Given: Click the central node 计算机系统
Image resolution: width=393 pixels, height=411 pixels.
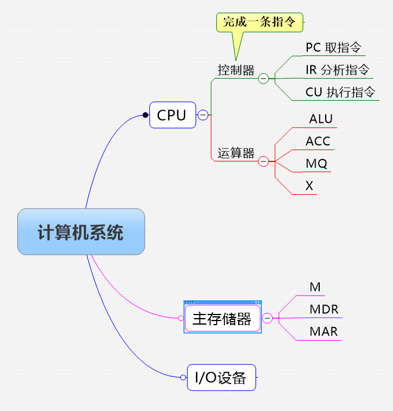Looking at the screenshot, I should (x=81, y=232).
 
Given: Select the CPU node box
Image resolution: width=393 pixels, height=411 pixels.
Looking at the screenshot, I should (x=172, y=115).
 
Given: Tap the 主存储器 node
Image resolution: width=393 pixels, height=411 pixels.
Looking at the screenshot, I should (x=222, y=319).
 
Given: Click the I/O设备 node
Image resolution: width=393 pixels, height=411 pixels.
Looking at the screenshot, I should (x=221, y=377).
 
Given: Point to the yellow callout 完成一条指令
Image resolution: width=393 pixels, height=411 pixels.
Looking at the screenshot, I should (x=259, y=23).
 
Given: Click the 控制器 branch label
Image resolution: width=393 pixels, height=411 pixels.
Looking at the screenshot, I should (x=236, y=71).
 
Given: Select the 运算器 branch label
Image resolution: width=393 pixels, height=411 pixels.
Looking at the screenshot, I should (x=236, y=153).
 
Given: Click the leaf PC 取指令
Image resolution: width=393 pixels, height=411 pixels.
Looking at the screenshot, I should (x=333, y=48).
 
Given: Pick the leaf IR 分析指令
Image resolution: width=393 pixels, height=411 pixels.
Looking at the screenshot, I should (x=337, y=70).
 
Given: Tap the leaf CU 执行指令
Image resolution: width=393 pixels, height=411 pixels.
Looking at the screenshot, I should (x=340, y=92).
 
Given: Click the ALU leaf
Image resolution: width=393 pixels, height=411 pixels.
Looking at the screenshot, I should (x=321, y=119).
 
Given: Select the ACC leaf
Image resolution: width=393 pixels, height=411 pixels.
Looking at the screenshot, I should (x=318, y=141).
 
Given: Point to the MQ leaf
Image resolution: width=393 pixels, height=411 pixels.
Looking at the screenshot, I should (x=316, y=163).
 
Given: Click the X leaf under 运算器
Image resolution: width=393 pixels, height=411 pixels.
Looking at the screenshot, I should (x=309, y=186).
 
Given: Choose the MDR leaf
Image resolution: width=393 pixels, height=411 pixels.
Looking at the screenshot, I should (x=324, y=309).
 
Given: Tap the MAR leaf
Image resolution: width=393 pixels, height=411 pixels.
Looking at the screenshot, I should (x=324, y=331).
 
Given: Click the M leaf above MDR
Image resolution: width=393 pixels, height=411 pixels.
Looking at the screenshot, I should (x=315, y=287).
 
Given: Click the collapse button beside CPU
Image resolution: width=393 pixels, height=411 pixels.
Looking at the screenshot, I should (x=203, y=115).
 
